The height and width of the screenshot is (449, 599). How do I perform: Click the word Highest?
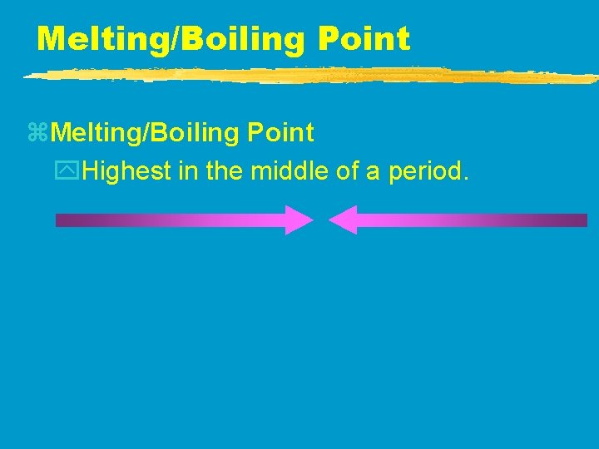[125, 172]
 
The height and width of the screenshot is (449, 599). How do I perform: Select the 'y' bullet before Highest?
[74, 173]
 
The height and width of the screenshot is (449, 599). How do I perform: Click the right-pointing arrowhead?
[298, 220]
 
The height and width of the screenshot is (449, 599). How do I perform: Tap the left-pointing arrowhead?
[343, 220]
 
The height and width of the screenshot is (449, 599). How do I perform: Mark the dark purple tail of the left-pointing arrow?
[574, 220]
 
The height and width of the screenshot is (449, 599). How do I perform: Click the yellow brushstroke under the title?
[308, 76]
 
